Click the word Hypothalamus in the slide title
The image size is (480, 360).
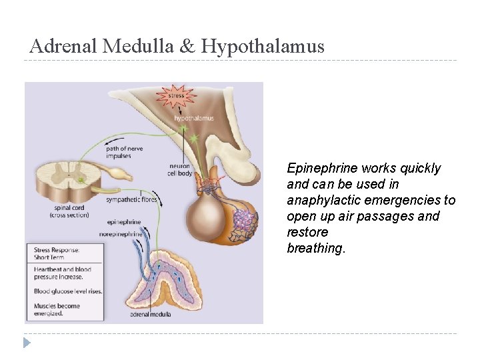pos(263,46)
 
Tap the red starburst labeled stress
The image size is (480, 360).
pos(176,96)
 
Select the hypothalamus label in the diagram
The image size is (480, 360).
pos(194,118)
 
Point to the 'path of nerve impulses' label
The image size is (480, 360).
pos(124,152)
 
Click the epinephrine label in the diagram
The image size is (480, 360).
pos(124,222)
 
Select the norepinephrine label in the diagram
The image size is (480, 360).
pos(121,234)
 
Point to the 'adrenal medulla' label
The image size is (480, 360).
pos(148,313)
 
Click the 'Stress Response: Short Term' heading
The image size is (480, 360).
pos(57,254)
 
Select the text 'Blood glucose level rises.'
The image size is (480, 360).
pos(67,291)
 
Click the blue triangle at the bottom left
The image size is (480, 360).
pos(27,343)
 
